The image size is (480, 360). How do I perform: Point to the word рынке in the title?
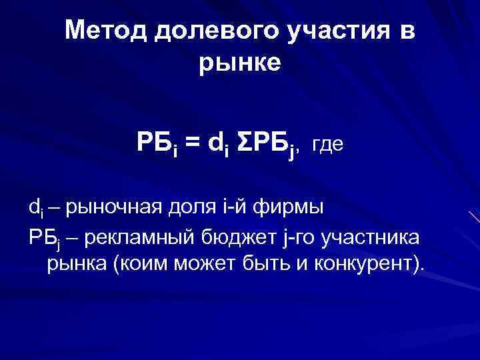tap(240, 64)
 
